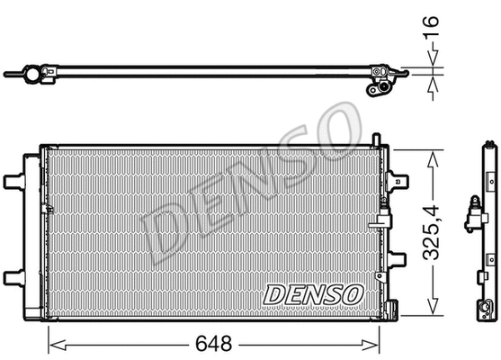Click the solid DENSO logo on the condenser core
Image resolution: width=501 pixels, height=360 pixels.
pos(313,292)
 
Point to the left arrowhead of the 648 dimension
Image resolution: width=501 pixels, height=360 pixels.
pos(52,342)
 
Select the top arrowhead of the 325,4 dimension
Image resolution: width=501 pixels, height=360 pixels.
pos(434,154)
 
